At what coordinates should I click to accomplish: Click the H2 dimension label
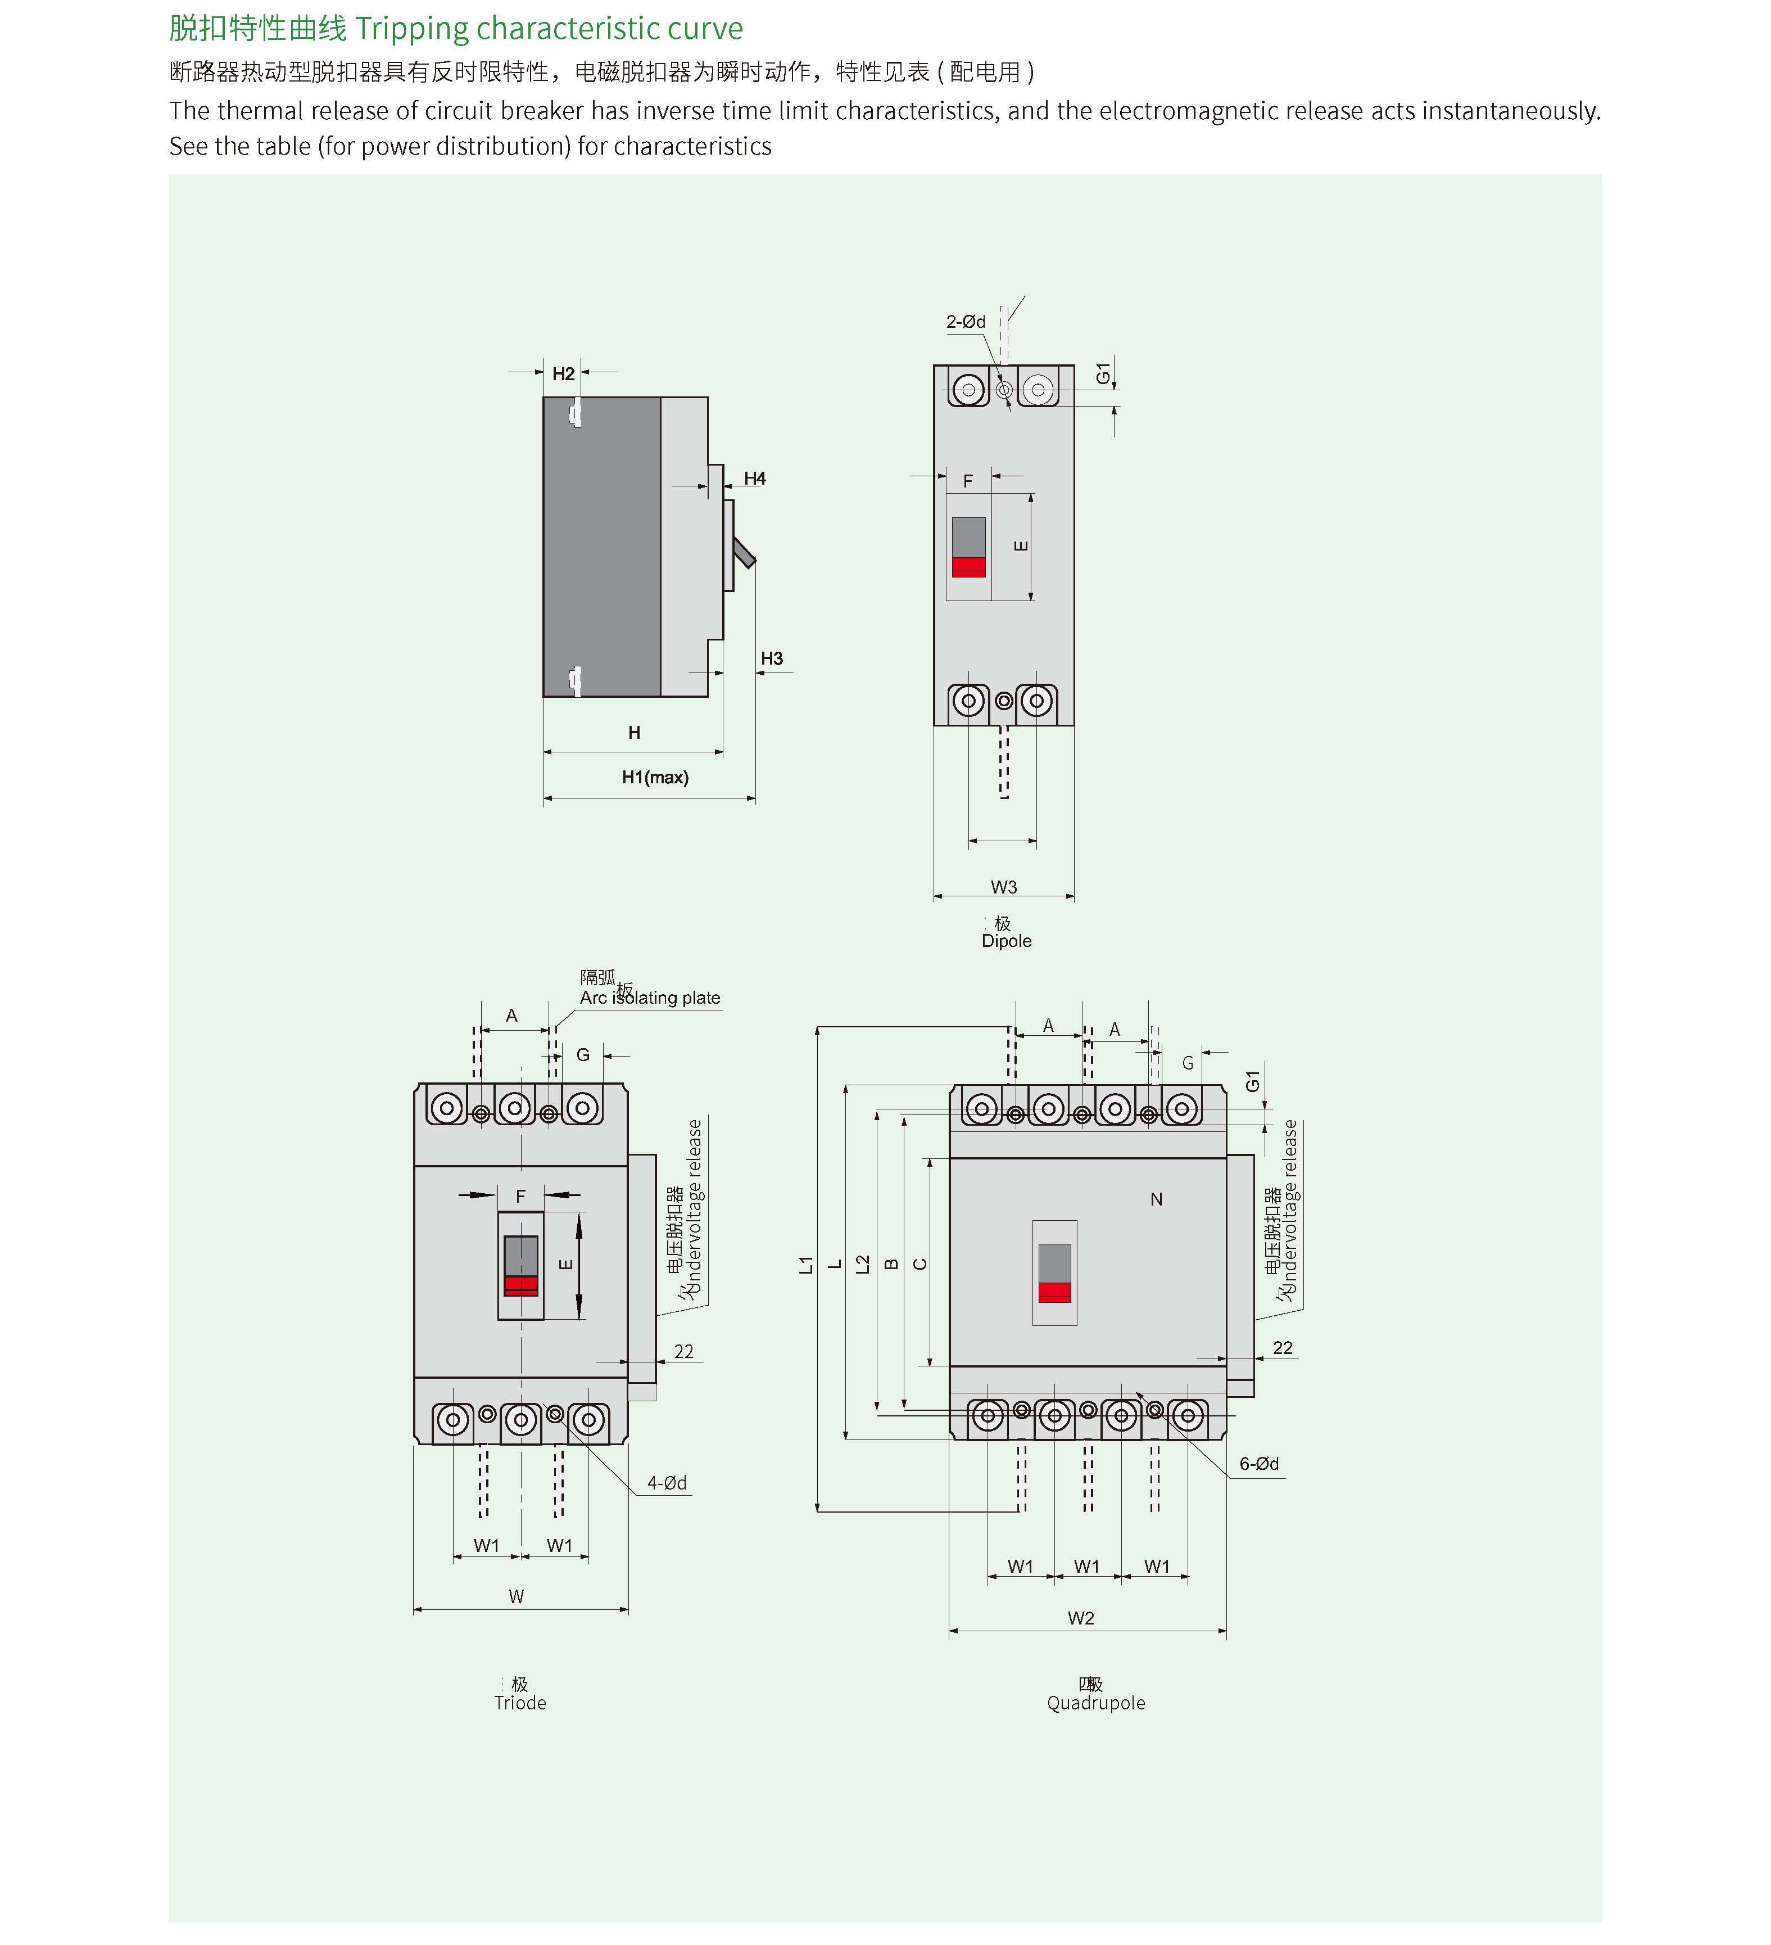563,373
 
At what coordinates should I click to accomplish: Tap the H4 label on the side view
754,479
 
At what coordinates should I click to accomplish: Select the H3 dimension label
772,659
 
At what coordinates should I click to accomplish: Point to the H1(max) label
655,778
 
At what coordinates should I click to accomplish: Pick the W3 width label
1003,887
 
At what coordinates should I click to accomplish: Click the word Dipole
1006,941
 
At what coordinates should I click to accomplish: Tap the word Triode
520,1703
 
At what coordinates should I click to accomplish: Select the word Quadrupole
1096,1703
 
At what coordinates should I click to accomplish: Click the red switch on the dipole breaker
968,566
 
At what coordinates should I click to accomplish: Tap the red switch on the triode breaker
521,1285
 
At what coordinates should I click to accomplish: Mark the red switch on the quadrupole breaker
1054,1292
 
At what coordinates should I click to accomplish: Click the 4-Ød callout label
667,1483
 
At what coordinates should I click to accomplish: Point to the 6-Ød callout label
1259,1464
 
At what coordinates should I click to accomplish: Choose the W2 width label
1080,1618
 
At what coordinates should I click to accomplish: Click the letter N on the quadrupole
1156,1199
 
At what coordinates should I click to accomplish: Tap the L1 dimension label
807,1264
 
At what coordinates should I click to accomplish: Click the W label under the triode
516,1597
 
